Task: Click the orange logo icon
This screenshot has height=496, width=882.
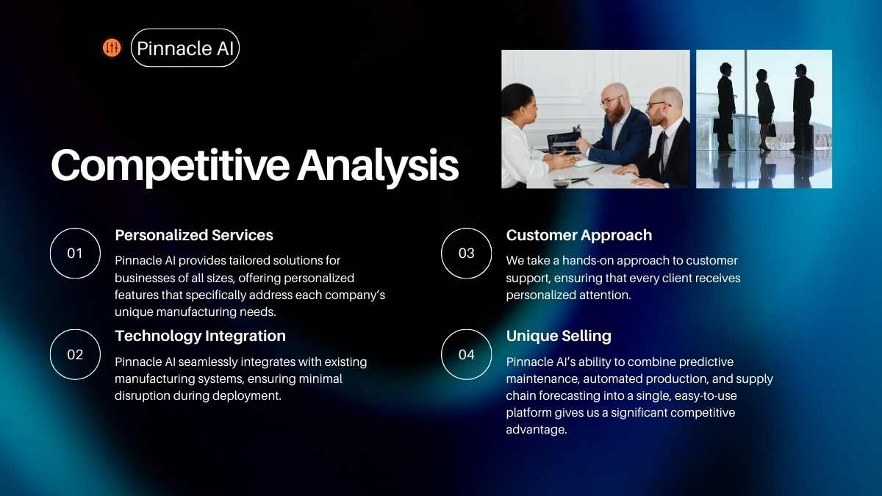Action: (x=112, y=48)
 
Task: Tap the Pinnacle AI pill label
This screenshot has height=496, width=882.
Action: (x=185, y=48)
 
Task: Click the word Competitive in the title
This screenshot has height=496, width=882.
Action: (x=170, y=166)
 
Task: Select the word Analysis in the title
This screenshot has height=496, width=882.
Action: (x=378, y=165)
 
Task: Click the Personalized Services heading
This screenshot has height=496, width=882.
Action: (x=194, y=235)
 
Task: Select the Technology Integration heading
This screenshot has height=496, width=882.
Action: (x=200, y=337)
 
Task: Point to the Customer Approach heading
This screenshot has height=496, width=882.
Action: (x=579, y=235)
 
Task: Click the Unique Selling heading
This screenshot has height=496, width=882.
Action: (x=559, y=337)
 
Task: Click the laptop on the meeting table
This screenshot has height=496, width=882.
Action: (x=563, y=143)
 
